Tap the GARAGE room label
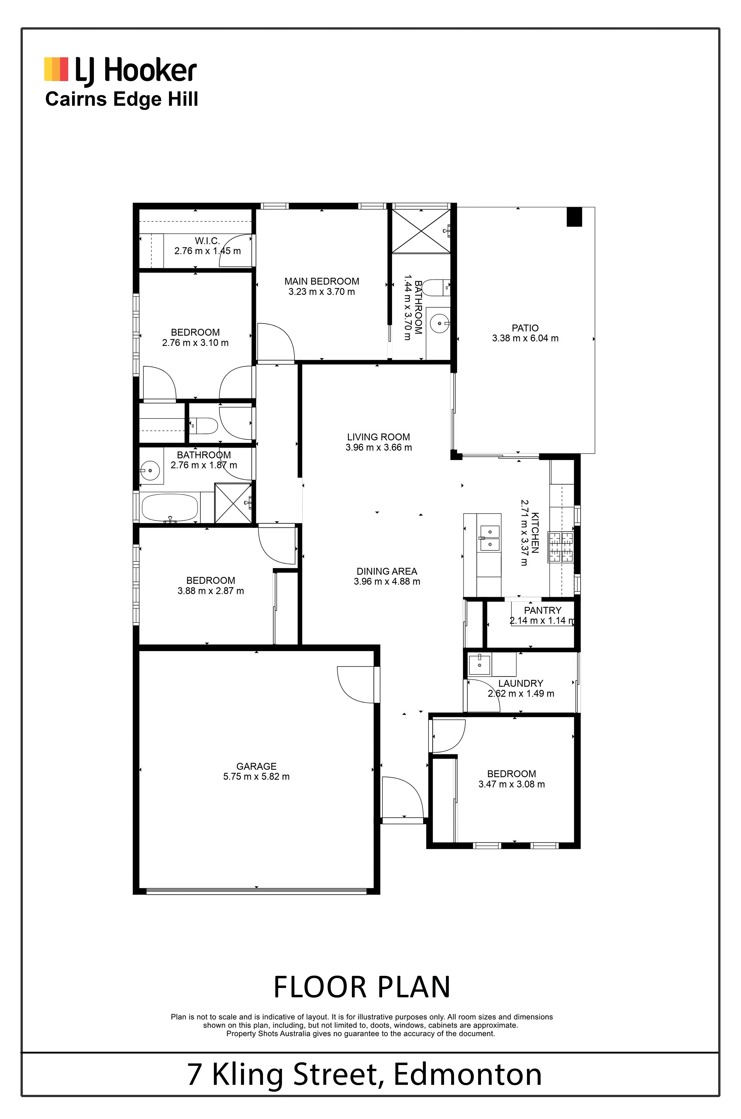(x=256, y=766)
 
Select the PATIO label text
(x=525, y=328)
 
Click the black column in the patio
(x=574, y=217)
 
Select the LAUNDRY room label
(x=520, y=683)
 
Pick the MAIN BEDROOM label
(x=321, y=281)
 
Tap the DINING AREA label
(x=387, y=571)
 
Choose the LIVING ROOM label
(x=379, y=437)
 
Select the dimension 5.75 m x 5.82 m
(x=256, y=776)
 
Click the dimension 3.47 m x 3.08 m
(x=511, y=784)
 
